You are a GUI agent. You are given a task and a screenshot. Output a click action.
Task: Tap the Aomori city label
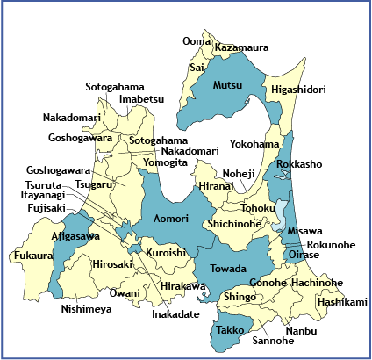click(170, 218)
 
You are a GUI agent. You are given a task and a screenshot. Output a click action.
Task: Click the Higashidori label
click(298, 90)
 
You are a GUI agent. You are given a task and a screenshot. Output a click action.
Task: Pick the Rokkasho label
click(299, 164)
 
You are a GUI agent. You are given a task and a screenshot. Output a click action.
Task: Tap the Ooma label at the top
click(197, 41)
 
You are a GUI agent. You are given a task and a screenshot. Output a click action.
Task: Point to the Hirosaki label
click(111, 263)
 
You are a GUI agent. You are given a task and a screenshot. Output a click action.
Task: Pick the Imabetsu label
click(141, 99)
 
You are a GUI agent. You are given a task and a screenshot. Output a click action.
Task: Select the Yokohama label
click(254, 143)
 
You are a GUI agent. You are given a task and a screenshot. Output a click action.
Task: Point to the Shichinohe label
click(233, 224)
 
